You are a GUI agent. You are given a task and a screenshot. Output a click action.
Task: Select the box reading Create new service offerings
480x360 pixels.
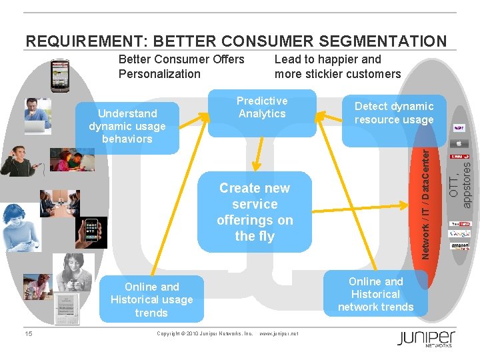254,212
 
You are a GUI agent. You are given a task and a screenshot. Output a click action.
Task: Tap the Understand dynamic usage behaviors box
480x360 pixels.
127,127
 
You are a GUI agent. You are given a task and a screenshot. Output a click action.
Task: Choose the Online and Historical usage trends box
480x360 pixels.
151,299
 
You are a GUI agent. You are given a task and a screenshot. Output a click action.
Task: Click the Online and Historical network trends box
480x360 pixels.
375,293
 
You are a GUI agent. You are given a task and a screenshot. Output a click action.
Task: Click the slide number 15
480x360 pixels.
28,333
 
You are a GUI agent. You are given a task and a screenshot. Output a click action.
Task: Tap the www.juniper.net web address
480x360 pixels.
279,333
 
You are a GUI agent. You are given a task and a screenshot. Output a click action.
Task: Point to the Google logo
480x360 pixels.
460,234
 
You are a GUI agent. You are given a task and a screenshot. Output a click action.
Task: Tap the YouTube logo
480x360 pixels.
460,224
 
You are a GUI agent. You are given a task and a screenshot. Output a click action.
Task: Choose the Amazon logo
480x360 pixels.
460,245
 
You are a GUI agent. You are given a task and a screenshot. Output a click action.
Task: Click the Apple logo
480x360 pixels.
459,142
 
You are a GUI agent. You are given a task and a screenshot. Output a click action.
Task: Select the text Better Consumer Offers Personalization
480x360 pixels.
181,66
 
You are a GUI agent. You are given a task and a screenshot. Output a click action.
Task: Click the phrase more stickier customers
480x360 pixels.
337,73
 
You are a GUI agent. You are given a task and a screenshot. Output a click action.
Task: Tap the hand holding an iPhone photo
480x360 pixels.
91,233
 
